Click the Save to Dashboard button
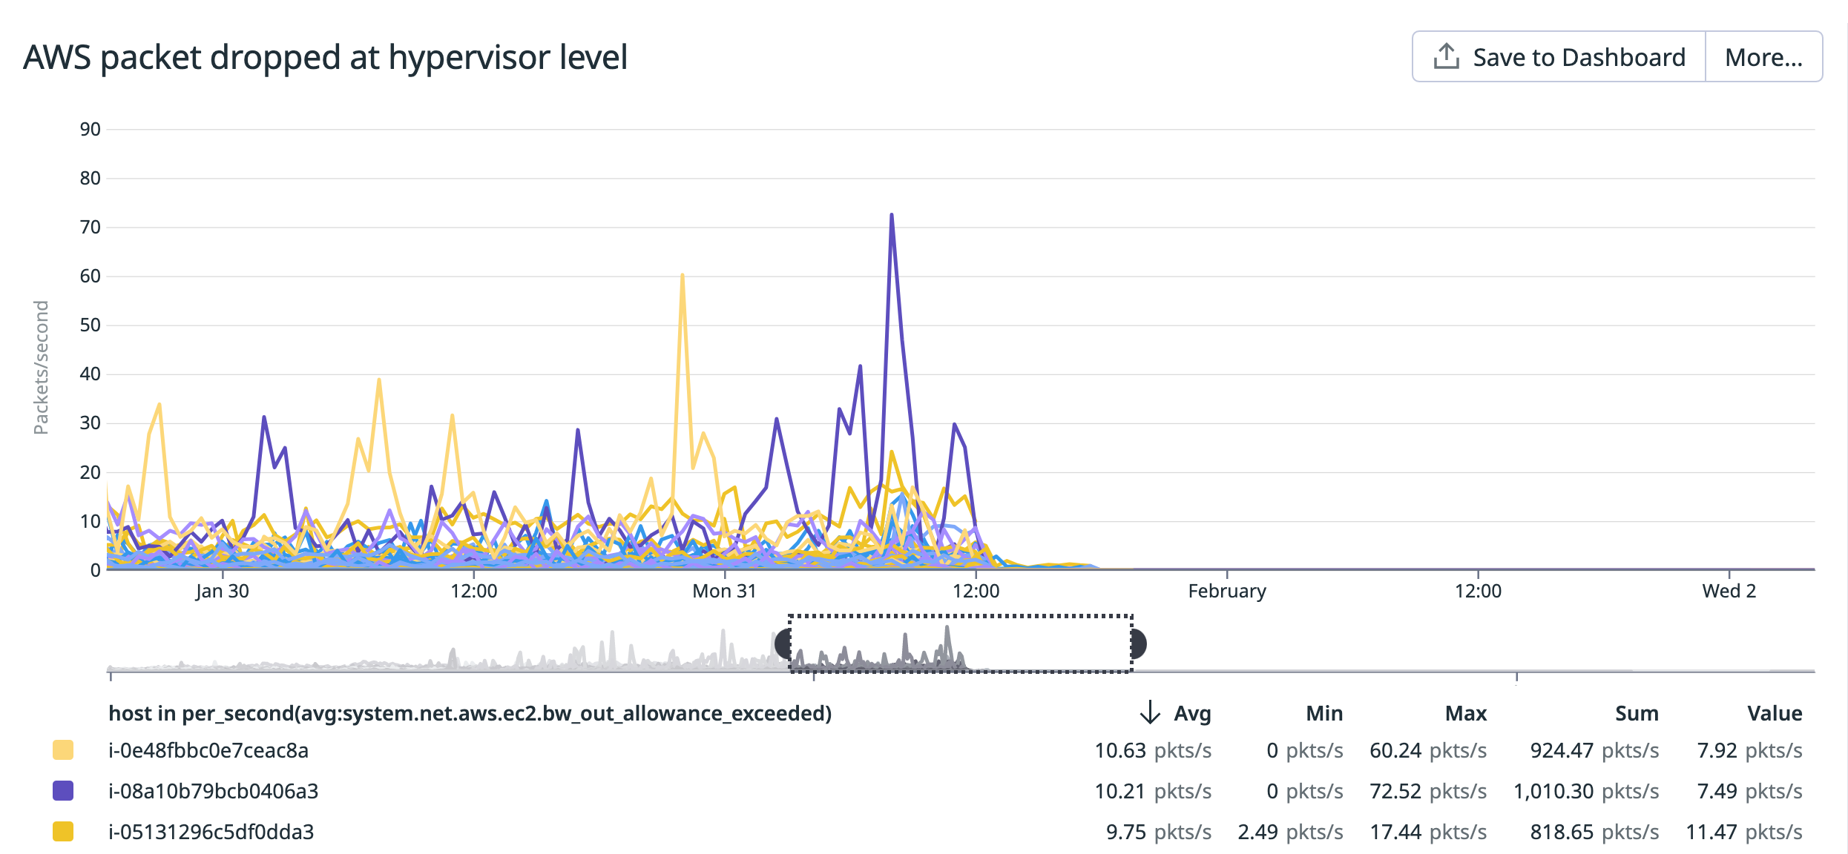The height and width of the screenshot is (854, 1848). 1559,57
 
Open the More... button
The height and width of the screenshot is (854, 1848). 1763,57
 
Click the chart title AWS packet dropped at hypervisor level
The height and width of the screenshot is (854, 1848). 325,57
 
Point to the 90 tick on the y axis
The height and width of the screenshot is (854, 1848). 90,130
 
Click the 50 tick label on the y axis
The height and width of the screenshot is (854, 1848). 90,325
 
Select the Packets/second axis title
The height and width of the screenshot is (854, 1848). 42,368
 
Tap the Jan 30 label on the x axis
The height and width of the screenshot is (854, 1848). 222,592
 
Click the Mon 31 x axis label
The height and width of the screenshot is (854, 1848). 724,592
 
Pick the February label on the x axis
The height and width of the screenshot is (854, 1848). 1226,592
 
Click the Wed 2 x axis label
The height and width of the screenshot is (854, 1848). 1729,592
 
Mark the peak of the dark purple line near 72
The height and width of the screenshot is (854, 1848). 891,216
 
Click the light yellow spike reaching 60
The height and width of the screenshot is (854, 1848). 682,276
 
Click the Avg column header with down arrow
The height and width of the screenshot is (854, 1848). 1176,713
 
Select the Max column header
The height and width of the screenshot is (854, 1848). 1465,713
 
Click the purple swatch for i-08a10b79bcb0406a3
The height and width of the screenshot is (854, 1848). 63,791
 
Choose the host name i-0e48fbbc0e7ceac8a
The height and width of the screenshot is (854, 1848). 208,750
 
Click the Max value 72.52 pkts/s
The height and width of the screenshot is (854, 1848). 1427,791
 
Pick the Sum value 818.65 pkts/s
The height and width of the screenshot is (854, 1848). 1594,832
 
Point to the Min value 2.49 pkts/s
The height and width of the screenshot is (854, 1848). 1289,832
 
